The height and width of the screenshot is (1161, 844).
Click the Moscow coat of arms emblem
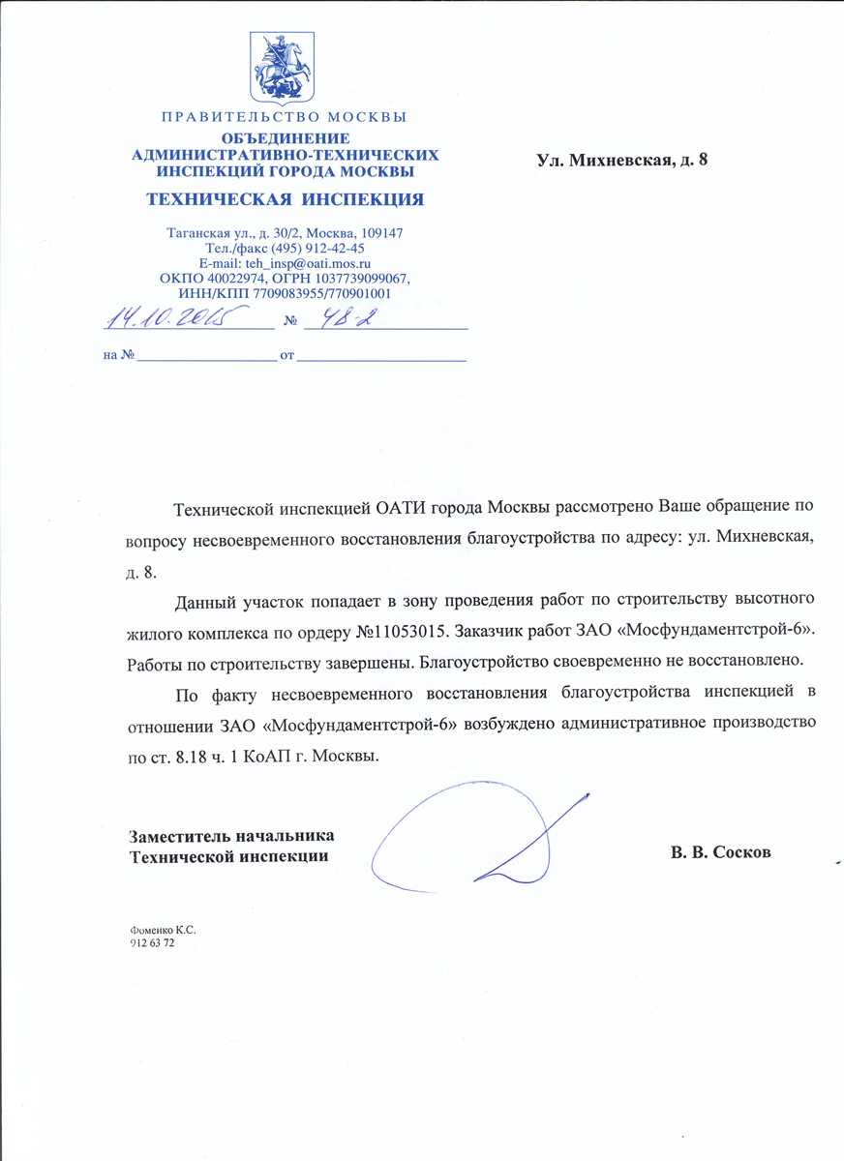[x=283, y=67]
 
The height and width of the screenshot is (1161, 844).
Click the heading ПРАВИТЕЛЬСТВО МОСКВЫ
[x=284, y=118]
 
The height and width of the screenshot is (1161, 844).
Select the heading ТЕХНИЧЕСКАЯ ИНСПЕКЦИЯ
[x=284, y=200]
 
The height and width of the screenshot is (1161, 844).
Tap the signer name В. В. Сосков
[x=721, y=854]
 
